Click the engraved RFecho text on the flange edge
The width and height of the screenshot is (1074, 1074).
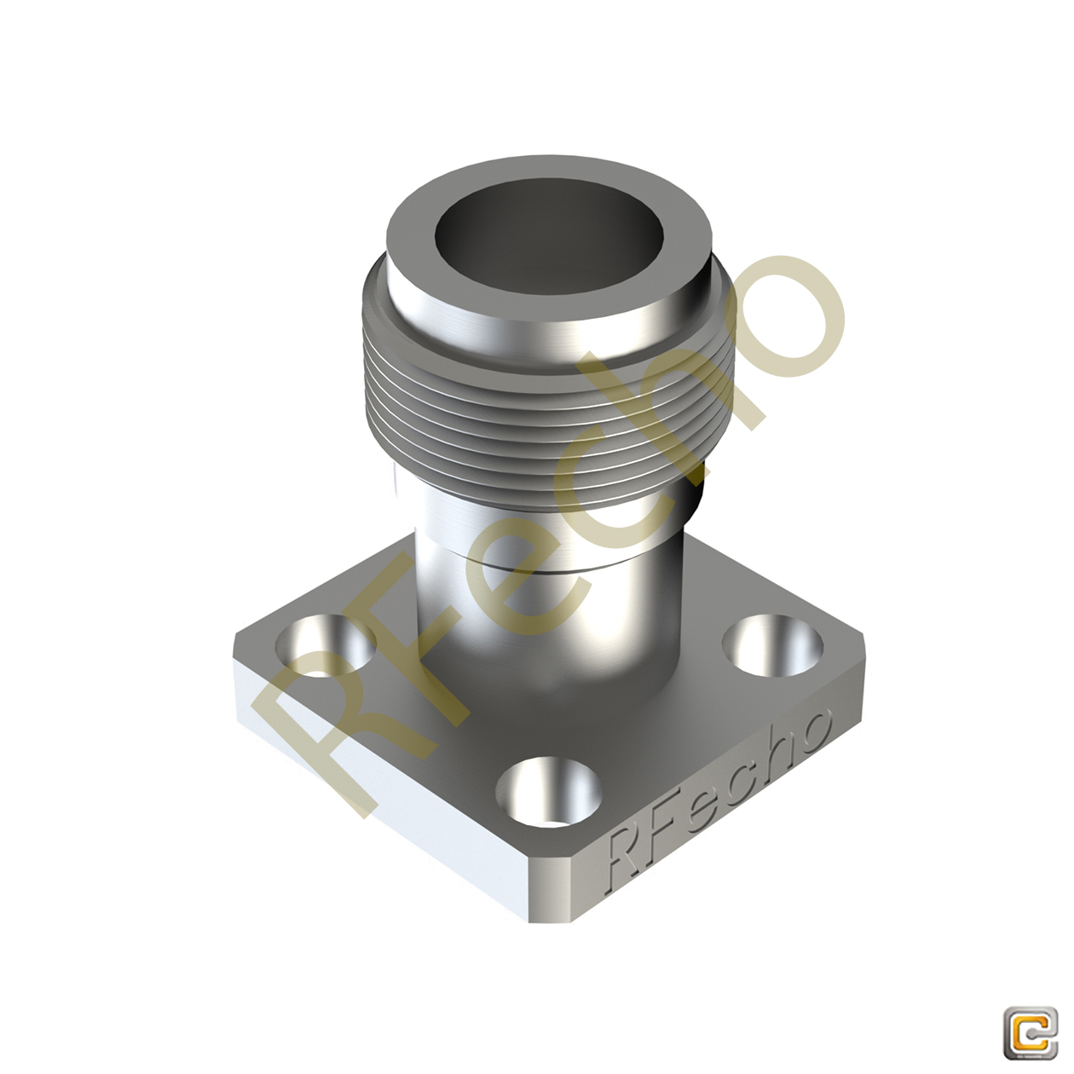(716, 797)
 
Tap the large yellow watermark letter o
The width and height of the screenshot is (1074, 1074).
(771, 315)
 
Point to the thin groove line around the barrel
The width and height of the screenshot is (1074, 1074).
(528, 567)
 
